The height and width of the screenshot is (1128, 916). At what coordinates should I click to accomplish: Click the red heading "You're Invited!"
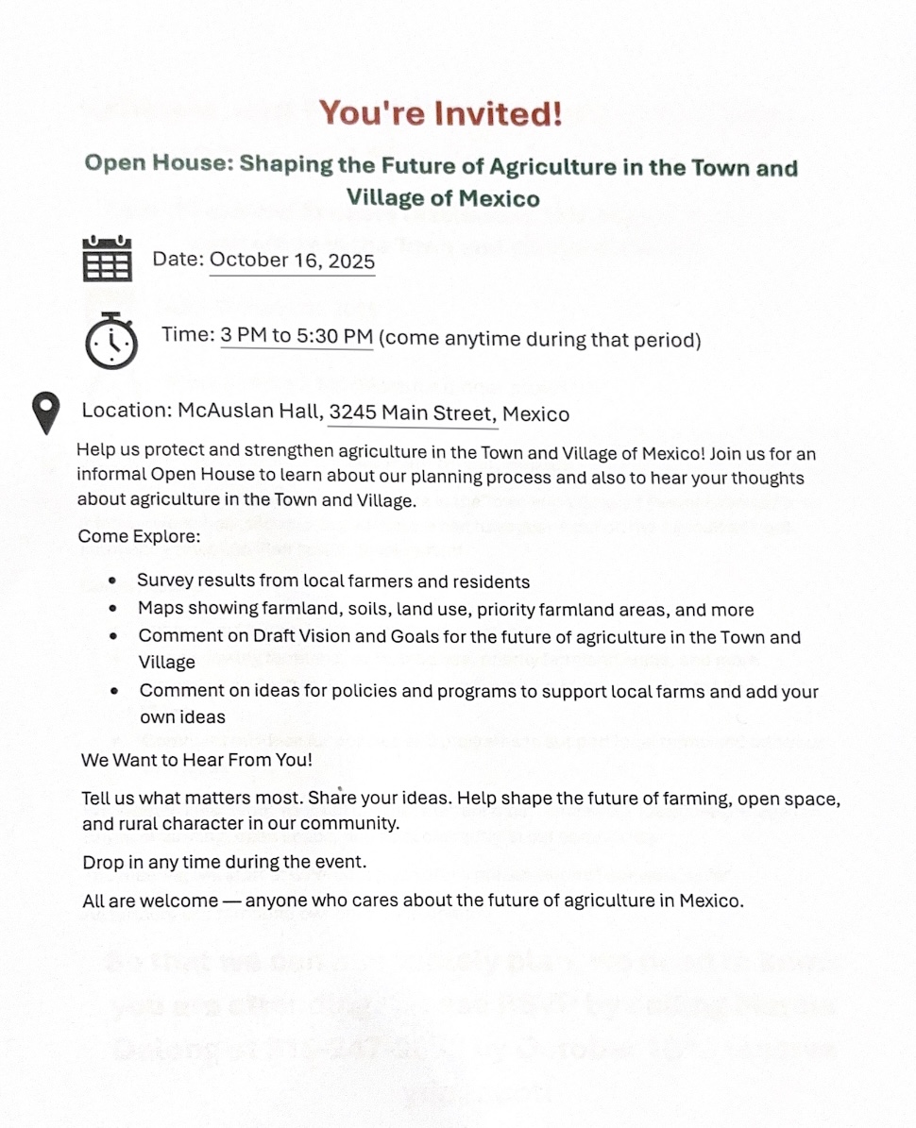pyautogui.click(x=440, y=114)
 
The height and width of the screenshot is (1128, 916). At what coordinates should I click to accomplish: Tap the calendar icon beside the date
pyautogui.click(x=108, y=259)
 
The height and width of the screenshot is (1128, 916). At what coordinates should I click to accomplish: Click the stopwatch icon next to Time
pyautogui.click(x=110, y=339)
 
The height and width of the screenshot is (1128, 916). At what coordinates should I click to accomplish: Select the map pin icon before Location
pyautogui.click(x=45, y=413)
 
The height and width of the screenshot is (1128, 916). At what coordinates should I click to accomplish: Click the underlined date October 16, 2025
pyautogui.click(x=292, y=261)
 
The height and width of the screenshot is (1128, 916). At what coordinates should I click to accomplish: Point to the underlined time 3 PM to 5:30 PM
pyautogui.click(x=297, y=337)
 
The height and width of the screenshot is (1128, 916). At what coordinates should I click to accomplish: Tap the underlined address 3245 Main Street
pyautogui.click(x=412, y=413)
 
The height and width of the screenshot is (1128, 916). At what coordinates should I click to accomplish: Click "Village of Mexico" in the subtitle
pyautogui.click(x=443, y=198)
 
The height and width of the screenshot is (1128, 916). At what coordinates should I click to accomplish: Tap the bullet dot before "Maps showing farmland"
pyautogui.click(x=114, y=610)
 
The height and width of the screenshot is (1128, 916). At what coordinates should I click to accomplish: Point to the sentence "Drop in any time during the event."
pyautogui.click(x=224, y=862)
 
